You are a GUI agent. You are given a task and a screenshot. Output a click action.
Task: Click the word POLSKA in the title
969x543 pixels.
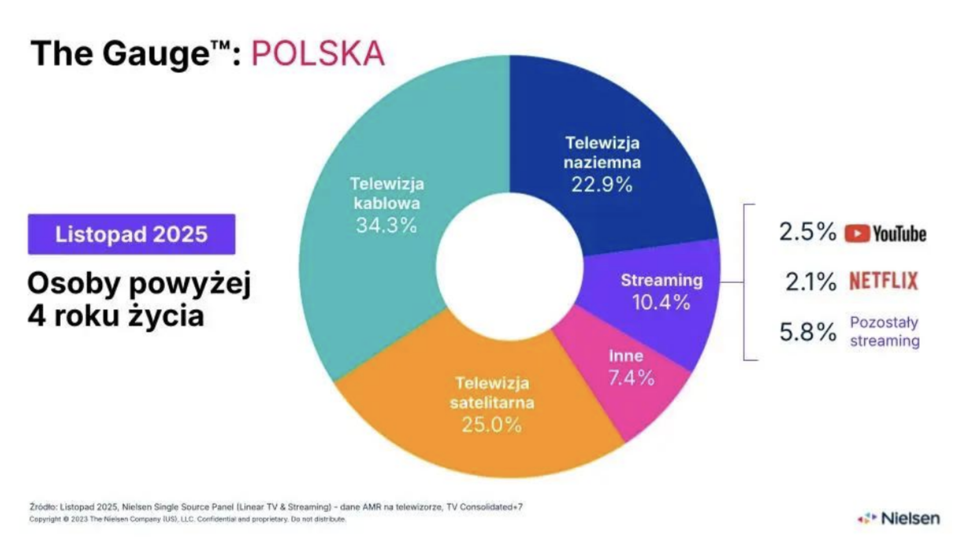317,54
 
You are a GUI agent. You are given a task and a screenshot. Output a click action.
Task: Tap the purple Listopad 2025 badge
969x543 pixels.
131,234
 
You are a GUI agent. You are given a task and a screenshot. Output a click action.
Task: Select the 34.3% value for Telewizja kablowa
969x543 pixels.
386,225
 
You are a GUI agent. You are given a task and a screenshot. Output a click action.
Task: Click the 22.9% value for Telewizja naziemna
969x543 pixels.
602,185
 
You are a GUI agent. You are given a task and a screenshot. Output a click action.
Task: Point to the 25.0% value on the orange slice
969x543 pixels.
491,424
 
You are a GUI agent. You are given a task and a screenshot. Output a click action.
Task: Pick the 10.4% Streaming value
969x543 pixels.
661,302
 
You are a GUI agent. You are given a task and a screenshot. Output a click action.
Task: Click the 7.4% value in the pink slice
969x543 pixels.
631,378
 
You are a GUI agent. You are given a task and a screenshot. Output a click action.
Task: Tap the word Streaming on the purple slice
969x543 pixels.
661,280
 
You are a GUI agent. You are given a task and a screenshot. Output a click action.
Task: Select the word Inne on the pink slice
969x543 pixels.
626,355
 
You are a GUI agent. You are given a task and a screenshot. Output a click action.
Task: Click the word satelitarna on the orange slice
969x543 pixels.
492,403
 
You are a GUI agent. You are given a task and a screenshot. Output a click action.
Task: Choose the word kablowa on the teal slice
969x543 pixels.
387,203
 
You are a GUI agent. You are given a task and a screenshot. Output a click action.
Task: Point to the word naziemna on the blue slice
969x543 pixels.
602,163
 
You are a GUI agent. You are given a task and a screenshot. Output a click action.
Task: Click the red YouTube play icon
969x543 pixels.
857,233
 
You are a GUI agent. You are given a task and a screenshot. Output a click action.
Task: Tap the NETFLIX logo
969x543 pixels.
883,281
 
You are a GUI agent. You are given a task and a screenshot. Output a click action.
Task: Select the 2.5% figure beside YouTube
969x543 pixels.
807,232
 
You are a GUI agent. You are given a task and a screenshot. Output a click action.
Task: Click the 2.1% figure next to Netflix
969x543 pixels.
810,282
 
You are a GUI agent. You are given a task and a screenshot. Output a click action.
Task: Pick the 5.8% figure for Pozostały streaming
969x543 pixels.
808,332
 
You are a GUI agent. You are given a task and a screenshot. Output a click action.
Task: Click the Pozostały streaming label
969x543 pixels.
884,332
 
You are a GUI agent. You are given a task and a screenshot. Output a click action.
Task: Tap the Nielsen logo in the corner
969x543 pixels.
900,518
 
